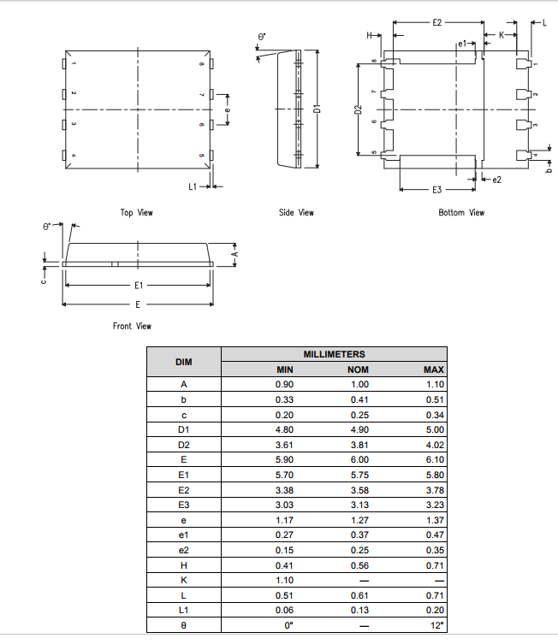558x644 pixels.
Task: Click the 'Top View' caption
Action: (x=137, y=212)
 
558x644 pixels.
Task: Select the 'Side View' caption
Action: (x=296, y=212)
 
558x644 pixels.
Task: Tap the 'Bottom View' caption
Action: (x=461, y=212)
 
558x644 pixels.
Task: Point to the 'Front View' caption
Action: (x=132, y=326)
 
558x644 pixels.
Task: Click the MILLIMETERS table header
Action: (x=334, y=354)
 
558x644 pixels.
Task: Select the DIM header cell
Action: (x=183, y=362)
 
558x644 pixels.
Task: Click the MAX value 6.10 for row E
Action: (x=434, y=459)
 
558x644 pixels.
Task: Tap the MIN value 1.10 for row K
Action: (x=284, y=580)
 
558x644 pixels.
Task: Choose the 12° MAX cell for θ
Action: (x=436, y=626)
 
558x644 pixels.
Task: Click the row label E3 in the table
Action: (x=183, y=505)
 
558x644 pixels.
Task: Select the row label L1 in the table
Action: (x=183, y=611)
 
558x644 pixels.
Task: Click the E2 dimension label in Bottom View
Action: (x=437, y=21)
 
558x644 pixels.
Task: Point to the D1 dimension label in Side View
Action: (x=317, y=109)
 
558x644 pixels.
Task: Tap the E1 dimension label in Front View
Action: (x=138, y=285)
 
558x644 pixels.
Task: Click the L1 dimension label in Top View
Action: (x=193, y=186)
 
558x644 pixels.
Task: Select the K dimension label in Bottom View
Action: (x=502, y=35)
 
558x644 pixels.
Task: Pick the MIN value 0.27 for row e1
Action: (x=284, y=535)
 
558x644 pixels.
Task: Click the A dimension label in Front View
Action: (x=234, y=254)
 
